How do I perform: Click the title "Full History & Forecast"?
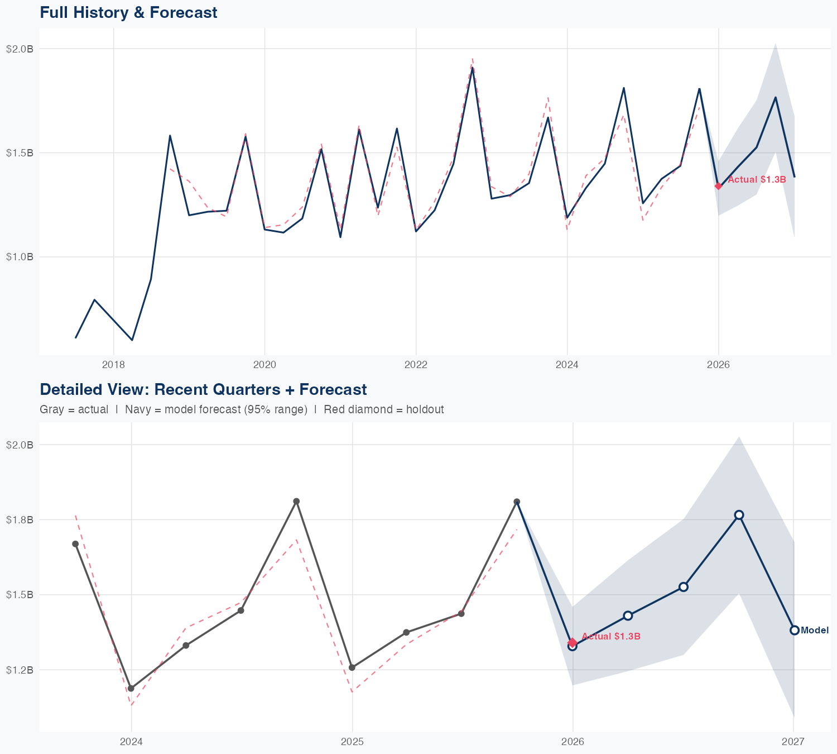(x=128, y=12)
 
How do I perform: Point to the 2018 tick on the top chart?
(x=113, y=365)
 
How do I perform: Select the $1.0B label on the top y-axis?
(x=20, y=257)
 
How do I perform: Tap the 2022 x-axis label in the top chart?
(x=416, y=365)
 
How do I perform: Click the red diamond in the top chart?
(x=719, y=186)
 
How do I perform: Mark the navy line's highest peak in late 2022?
(x=473, y=68)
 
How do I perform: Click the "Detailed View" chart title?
(x=203, y=389)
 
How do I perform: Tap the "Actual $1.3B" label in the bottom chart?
(x=610, y=637)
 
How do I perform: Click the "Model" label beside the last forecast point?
(x=815, y=631)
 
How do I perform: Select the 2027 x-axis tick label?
(x=793, y=742)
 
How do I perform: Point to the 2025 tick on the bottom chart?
(x=352, y=742)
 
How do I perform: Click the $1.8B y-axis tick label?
(x=20, y=520)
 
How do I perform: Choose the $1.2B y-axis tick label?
(x=20, y=670)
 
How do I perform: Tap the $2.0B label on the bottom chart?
(x=20, y=445)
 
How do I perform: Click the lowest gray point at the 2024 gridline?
(x=131, y=688)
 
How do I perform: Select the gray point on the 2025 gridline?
(x=352, y=667)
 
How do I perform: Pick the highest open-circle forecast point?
(x=739, y=515)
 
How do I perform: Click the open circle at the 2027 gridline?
(x=794, y=630)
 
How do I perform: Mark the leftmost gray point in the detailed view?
(x=75, y=544)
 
